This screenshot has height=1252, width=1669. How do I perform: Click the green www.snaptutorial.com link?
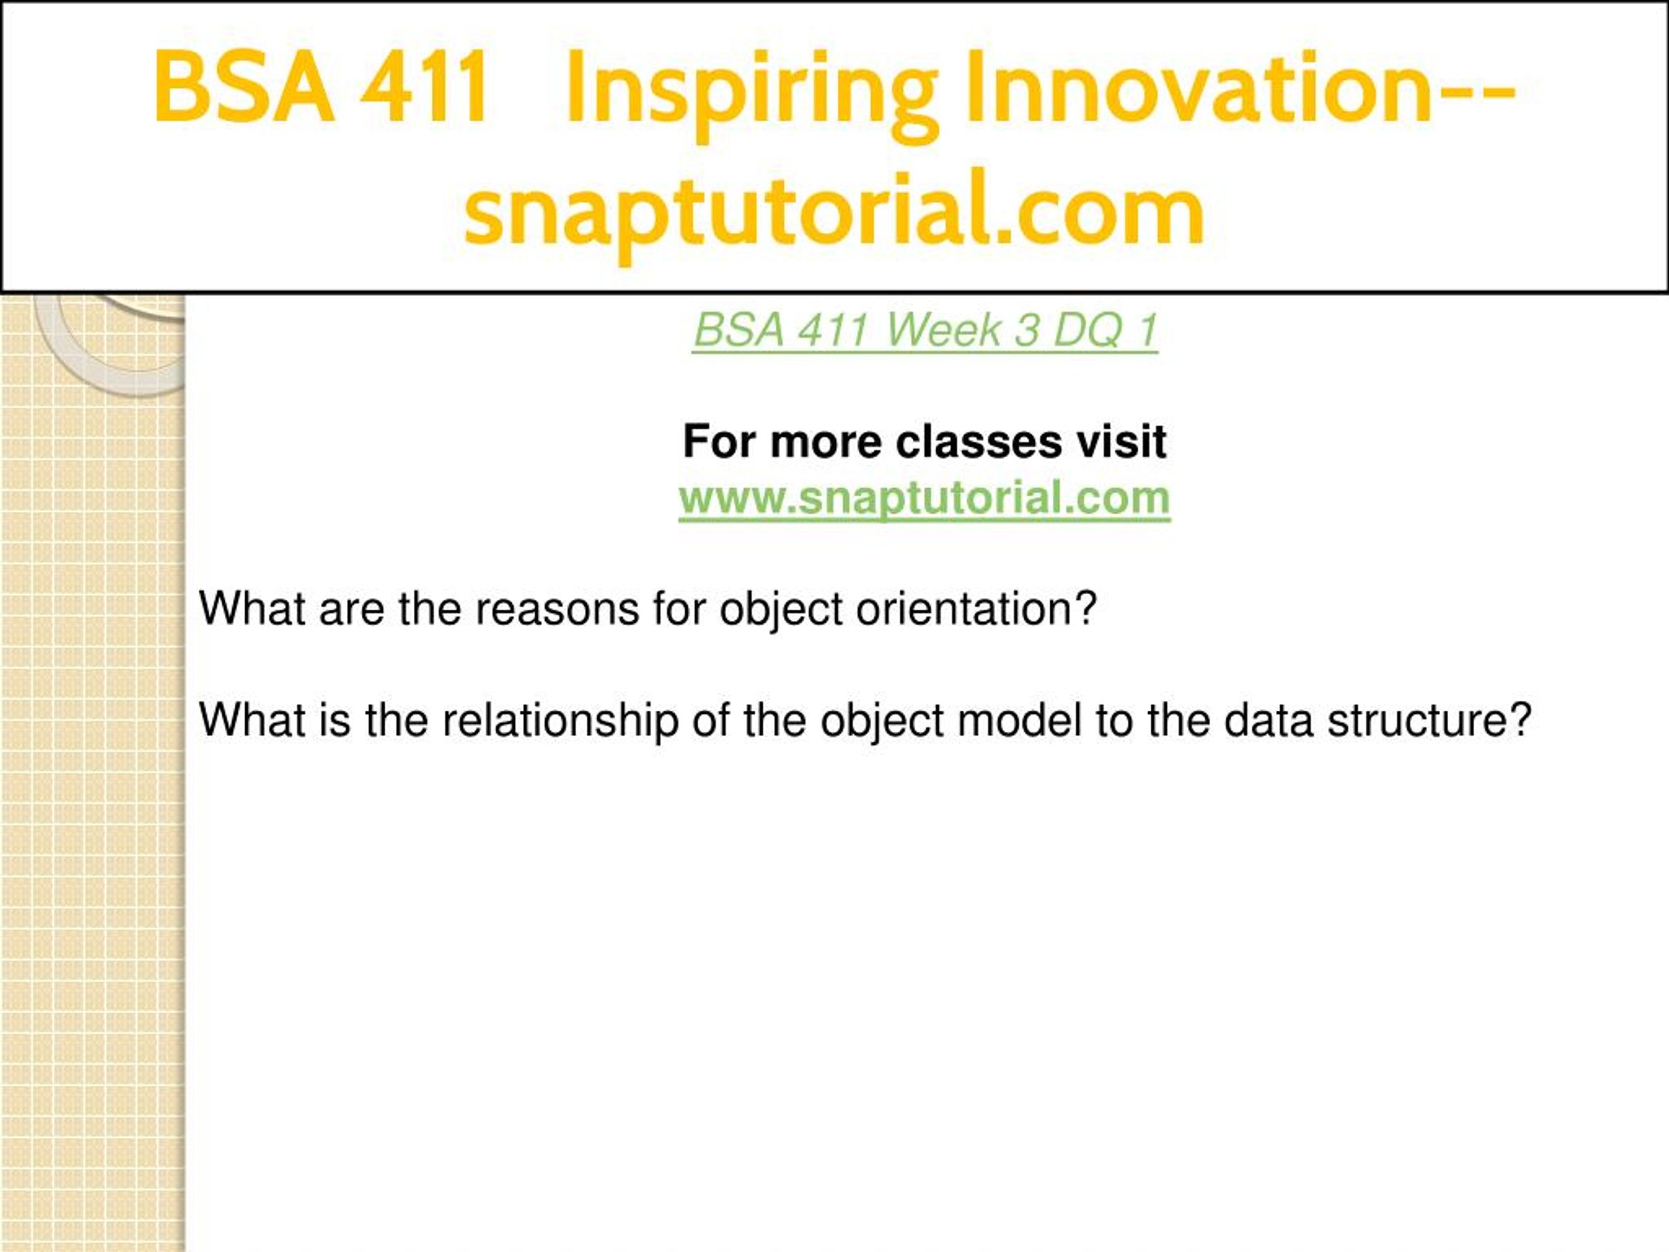click(x=924, y=498)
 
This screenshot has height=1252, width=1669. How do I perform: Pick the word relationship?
click(x=560, y=721)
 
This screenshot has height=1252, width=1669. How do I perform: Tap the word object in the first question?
click(x=781, y=610)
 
